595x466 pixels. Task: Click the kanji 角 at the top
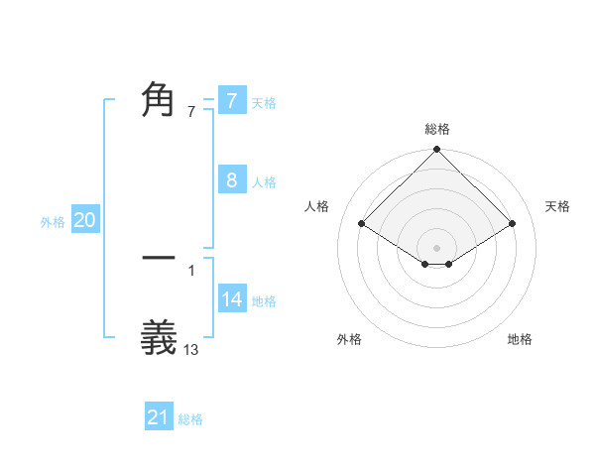[x=159, y=100]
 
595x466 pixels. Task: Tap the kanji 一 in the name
[x=159, y=258]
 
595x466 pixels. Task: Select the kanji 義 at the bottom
[x=159, y=337]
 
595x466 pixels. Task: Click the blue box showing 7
[x=231, y=101]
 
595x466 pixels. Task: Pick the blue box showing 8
[x=231, y=180]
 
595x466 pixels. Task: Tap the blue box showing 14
[x=232, y=298]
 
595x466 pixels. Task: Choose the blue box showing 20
[x=85, y=221]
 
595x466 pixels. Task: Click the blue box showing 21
[x=159, y=417]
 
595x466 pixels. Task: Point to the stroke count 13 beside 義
[x=191, y=349]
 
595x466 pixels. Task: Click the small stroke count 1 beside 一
[x=191, y=269]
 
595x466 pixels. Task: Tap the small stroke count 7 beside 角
[x=191, y=112]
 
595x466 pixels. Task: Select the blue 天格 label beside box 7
[x=264, y=103]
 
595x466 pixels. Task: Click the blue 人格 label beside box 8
[x=264, y=182]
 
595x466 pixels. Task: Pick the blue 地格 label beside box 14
[x=264, y=301]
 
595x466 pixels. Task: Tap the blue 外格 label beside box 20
[x=53, y=223]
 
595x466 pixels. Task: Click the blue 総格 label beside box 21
[x=190, y=419]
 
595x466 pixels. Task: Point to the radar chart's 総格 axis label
[x=437, y=129]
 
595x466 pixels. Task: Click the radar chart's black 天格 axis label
[x=558, y=206]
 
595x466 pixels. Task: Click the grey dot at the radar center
[x=437, y=247]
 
